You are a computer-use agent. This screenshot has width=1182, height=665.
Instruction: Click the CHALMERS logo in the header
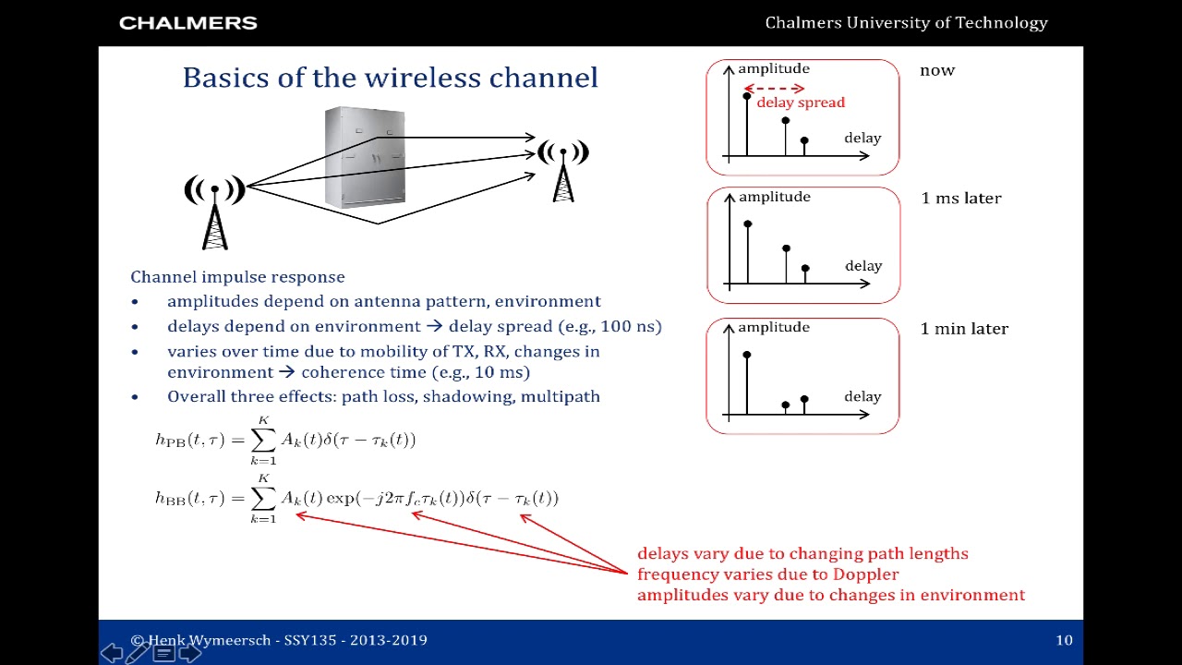pyautogui.click(x=188, y=23)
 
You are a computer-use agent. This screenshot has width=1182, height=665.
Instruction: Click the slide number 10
pyautogui.click(x=1064, y=640)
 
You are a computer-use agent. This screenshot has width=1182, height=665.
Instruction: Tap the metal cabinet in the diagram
pyautogui.click(x=365, y=157)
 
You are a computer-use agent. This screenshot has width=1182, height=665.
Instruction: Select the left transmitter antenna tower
pyautogui.click(x=215, y=212)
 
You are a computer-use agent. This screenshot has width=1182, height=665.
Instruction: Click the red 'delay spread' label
pyautogui.click(x=801, y=103)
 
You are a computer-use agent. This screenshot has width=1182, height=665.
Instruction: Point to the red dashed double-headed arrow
pyautogui.click(x=774, y=89)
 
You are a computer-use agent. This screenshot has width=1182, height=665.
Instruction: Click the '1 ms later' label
pyautogui.click(x=961, y=198)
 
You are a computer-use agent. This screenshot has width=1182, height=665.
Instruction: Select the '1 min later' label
pyautogui.click(x=964, y=329)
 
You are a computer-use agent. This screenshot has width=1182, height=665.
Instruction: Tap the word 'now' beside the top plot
pyautogui.click(x=937, y=71)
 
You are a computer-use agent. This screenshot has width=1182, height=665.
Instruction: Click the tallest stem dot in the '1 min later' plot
pyautogui.click(x=747, y=356)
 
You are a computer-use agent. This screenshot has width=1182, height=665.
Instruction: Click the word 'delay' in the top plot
pyautogui.click(x=862, y=138)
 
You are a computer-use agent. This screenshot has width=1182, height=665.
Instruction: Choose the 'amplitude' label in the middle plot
pyautogui.click(x=775, y=197)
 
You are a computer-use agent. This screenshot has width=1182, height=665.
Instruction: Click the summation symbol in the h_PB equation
pyautogui.click(x=263, y=440)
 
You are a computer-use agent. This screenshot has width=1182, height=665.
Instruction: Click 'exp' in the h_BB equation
pyautogui.click(x=341, y=498)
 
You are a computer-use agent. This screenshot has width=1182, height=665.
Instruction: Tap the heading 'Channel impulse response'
pyautogui.click(x=237, y=277)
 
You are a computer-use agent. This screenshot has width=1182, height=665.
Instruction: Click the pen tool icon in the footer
pyautogui.click(x=138, y=652)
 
